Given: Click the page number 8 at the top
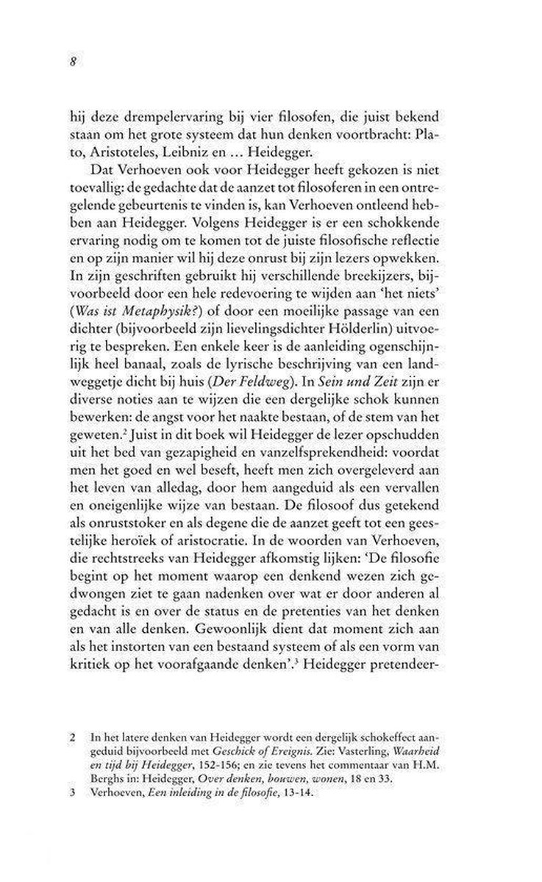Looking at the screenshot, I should point(73,62).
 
